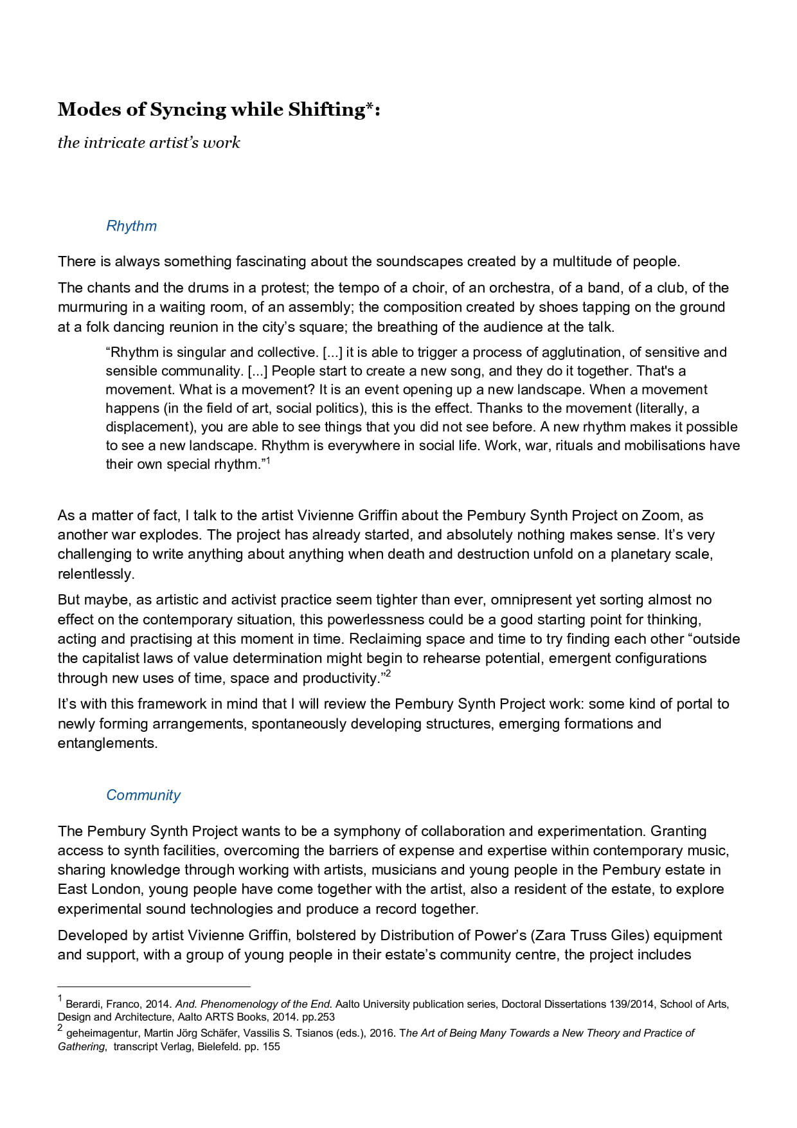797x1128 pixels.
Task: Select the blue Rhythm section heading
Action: (x=131, y=226)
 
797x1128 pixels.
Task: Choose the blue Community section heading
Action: (x=143, y=795)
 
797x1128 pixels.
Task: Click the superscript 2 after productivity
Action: (x=388, y=673)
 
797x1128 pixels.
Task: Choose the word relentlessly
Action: (x=96, y=574)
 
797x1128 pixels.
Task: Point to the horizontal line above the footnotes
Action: (x=154, y=986)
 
